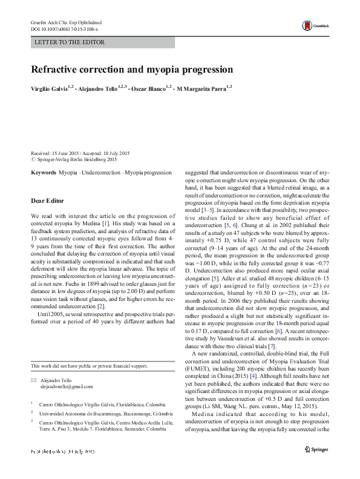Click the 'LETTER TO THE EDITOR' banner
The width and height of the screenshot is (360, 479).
coord(70,42)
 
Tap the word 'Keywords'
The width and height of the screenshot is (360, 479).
coord(44,173)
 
